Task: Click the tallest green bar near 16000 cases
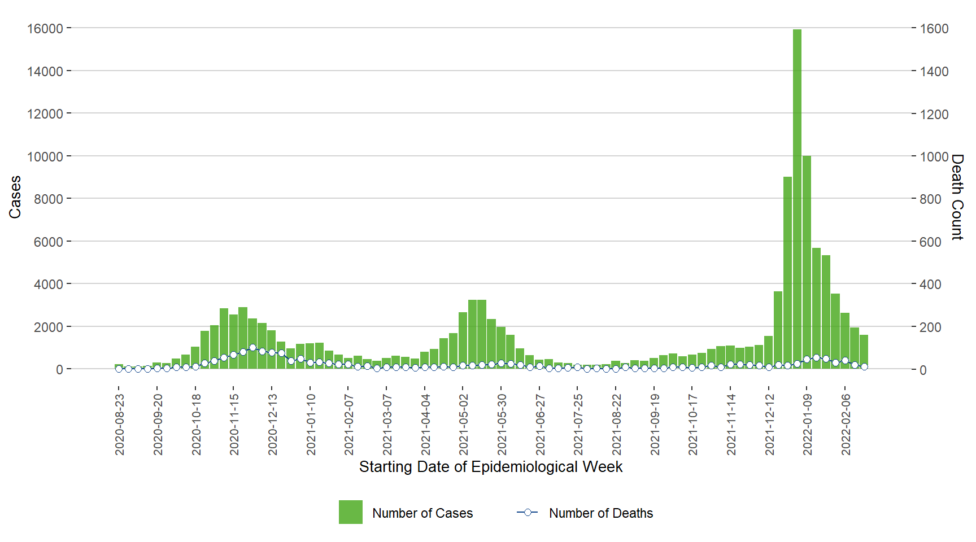tap(797, 198)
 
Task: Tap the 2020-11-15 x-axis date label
tap(234, 425)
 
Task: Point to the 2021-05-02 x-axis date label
tap(463, 425)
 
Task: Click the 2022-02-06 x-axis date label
tap(845, 425)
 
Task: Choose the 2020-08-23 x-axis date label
tap(119, 425)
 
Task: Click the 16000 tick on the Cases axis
tap(45, 28)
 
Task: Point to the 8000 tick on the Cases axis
tap(48, 199)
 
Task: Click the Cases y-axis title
tap(15, 197)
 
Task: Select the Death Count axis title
tap(957, 197)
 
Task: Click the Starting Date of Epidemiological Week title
tap(490, 467)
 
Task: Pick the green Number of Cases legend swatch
tap(350, 512)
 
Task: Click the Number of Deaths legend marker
tap(528, 512)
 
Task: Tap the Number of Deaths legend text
tap(600, 513)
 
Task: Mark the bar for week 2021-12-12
tap(768, 353)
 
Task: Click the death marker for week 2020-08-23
tap(119, 369)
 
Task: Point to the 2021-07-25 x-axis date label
tap(578, 425)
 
